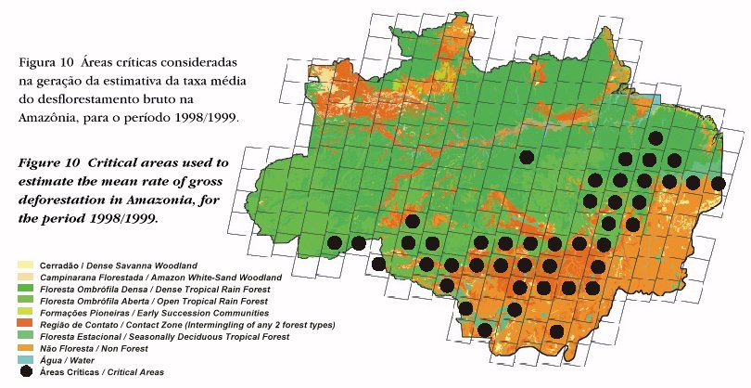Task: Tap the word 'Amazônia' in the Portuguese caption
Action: tap(47, 119)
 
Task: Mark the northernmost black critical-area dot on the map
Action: tap(656, 138)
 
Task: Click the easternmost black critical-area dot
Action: tap(718, 183)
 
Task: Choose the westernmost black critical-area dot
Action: tap(335, 243)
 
